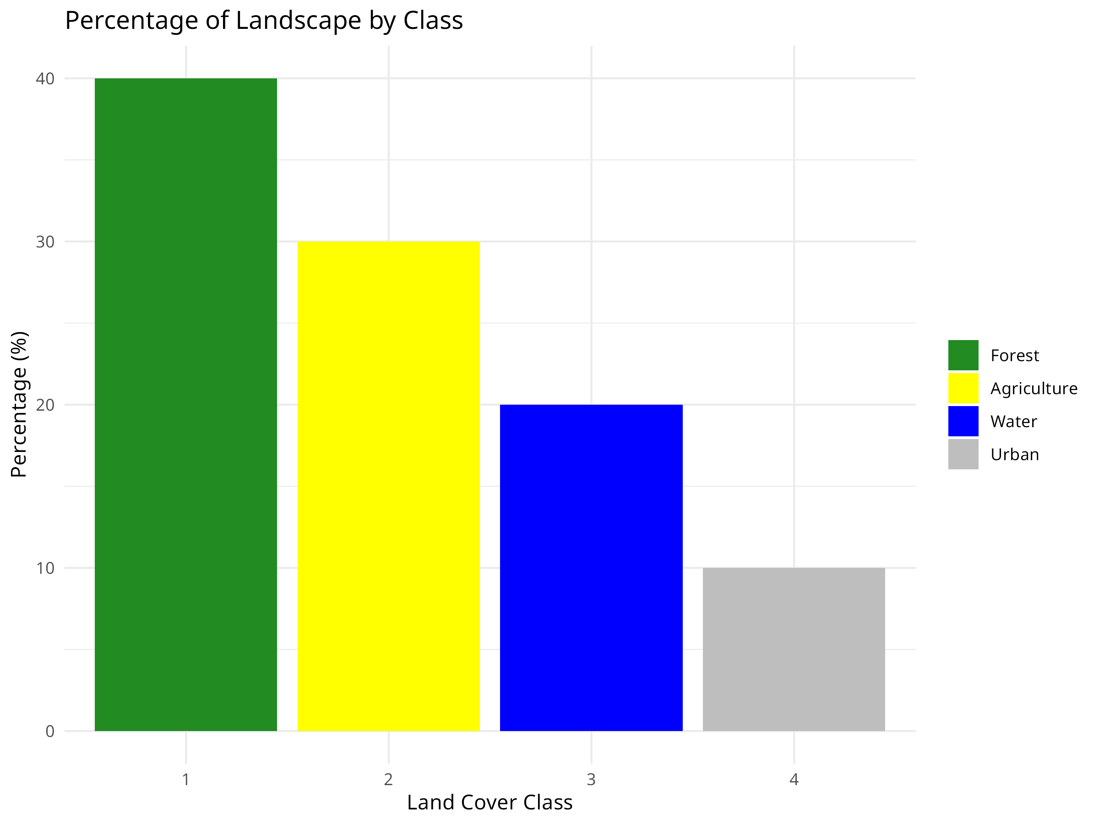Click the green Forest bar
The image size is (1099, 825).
[x=186, y=404]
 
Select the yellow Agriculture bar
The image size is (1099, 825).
[x=388, y=486]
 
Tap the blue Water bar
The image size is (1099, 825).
[x=591, y=567]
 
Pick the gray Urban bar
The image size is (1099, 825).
[x=794, y=649]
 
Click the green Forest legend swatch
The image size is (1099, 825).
[x=963, y=355]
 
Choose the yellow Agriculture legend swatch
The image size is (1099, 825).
[x=963, y=388]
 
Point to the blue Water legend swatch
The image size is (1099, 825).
[x=963, y=421]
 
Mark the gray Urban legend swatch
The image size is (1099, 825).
[x=963, y=454]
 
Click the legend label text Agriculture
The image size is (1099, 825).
[x=1034, y=388]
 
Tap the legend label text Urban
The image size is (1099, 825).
[x=1015, y=455]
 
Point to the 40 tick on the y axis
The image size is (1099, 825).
[x=45, y=78]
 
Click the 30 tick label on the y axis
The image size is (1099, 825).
[x=45, y=242]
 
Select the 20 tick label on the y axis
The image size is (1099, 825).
[x=45, y=405]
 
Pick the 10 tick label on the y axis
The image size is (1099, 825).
[x=45, y=568]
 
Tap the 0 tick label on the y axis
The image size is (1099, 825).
[x=49, y=731]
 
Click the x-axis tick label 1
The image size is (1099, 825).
[x=186, y=779]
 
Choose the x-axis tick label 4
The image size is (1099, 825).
[x=794, y=779]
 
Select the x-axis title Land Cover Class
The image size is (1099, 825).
[x=490, y=803]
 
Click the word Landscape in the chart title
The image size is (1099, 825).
[x=298, y=21]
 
